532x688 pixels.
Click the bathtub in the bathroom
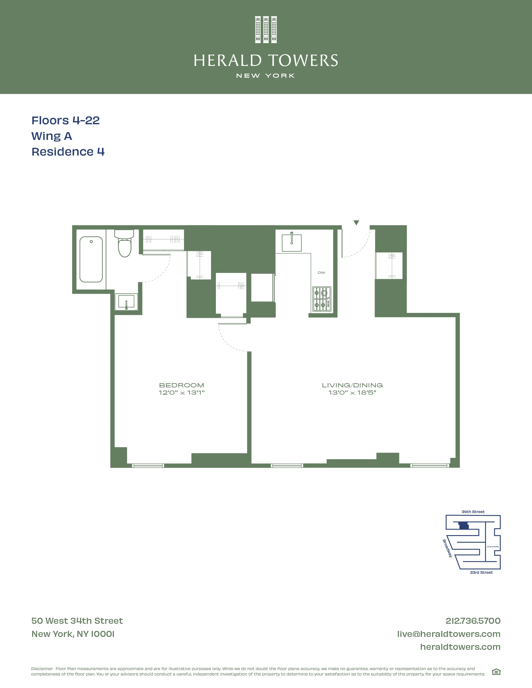(91, 259)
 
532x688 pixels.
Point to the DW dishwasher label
(321, 272)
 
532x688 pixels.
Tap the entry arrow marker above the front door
(356, 223)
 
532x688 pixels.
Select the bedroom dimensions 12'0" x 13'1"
(182, 393)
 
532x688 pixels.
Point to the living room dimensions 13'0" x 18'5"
(352, 393)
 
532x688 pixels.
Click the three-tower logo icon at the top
(266, 30)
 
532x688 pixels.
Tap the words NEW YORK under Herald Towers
(266, 76)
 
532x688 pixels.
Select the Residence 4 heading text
(68, 152)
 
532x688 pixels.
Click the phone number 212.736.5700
(473, 621)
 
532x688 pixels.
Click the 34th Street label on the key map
(473, 512)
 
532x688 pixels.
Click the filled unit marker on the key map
(463, 526)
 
